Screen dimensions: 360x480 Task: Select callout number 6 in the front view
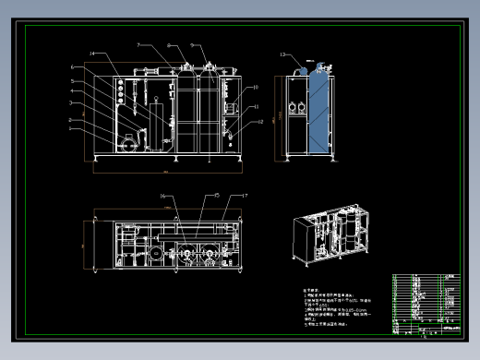click(x=71, y=67)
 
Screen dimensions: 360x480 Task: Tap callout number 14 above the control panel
click(x=93, y=54)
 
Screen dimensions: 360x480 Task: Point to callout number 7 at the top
click(x=138, y=44)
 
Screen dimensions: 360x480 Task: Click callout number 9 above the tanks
click(x=192, y=44)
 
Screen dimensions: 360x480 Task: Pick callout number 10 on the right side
click(x=256, y=87)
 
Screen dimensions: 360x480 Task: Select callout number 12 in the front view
click(x=261, y=121)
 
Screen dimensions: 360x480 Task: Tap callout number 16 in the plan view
click(x=162, y=196)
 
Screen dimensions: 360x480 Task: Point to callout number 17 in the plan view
click(x=245, y=196)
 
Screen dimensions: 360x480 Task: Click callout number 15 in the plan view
click(x=217, y=196)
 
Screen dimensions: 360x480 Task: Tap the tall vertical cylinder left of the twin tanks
click(x=168, y=115)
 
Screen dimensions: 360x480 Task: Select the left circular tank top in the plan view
click(x=189, y=249)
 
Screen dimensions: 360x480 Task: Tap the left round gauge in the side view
click(x=294, y=107)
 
